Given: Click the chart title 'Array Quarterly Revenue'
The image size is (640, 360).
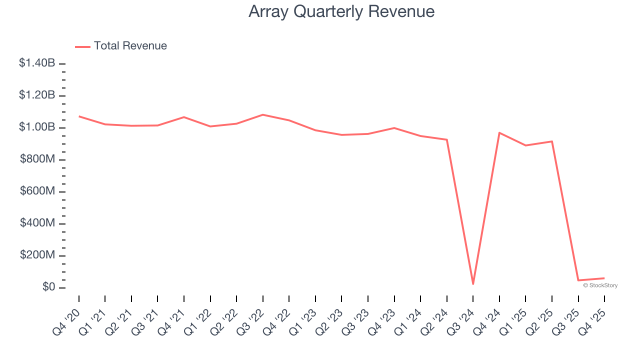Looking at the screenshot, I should (x=341, y=11).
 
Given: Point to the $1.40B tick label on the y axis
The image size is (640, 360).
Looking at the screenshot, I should (x=37, y=63).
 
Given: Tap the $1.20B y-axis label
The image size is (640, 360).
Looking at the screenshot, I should (x=37, y=95).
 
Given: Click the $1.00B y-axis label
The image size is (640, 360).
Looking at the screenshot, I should (x=37, y=127).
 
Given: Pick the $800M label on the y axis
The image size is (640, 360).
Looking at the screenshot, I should (x=37, y=159).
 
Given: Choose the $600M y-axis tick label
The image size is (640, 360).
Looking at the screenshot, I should (x=37, y=191).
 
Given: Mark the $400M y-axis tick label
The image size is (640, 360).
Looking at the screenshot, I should (x=37, y=223).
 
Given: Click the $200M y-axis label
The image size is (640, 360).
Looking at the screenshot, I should (x=37, y=255).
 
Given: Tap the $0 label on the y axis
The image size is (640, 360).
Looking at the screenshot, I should (x=48, y=287).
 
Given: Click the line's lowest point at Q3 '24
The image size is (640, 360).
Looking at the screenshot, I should (x=473, y=284).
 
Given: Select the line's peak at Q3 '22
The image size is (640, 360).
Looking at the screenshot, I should (x=263, y=114).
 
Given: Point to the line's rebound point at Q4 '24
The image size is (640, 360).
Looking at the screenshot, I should (x=499, y=132).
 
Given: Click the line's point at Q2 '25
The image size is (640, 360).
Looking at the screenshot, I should (x=552, y=141).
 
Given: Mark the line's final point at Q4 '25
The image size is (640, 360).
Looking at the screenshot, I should (x=604, y=278).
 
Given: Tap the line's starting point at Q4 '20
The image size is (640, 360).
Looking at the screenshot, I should (x=79, y=116).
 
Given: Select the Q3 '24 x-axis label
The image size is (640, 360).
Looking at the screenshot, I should (x=461, y=321).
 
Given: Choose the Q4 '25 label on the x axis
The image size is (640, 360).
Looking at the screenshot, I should (x=593, y=321).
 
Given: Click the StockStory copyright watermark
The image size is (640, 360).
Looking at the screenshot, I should (x=600, y=285).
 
